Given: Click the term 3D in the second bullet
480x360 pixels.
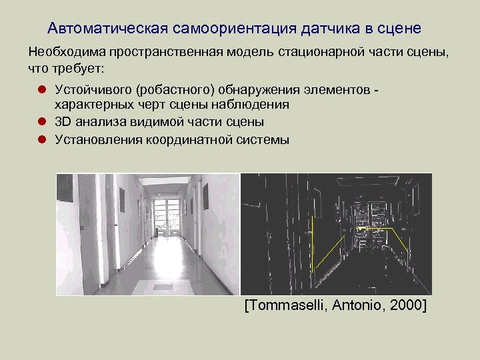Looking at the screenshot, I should tap(63, 122).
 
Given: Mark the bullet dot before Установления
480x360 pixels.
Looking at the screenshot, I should tap(41, 139).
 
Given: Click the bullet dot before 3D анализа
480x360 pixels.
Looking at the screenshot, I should tap(41, 122).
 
